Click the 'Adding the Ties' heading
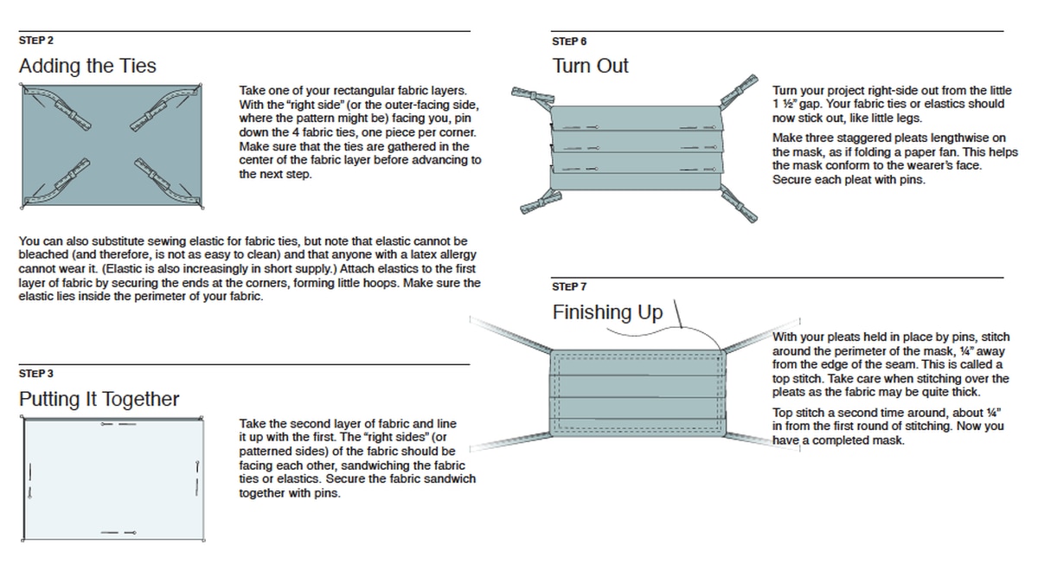87,66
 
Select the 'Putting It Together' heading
99,399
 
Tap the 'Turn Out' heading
591,66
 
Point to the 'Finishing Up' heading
607,312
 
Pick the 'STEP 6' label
570,41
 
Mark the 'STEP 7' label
570,286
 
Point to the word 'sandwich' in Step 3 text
450,479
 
